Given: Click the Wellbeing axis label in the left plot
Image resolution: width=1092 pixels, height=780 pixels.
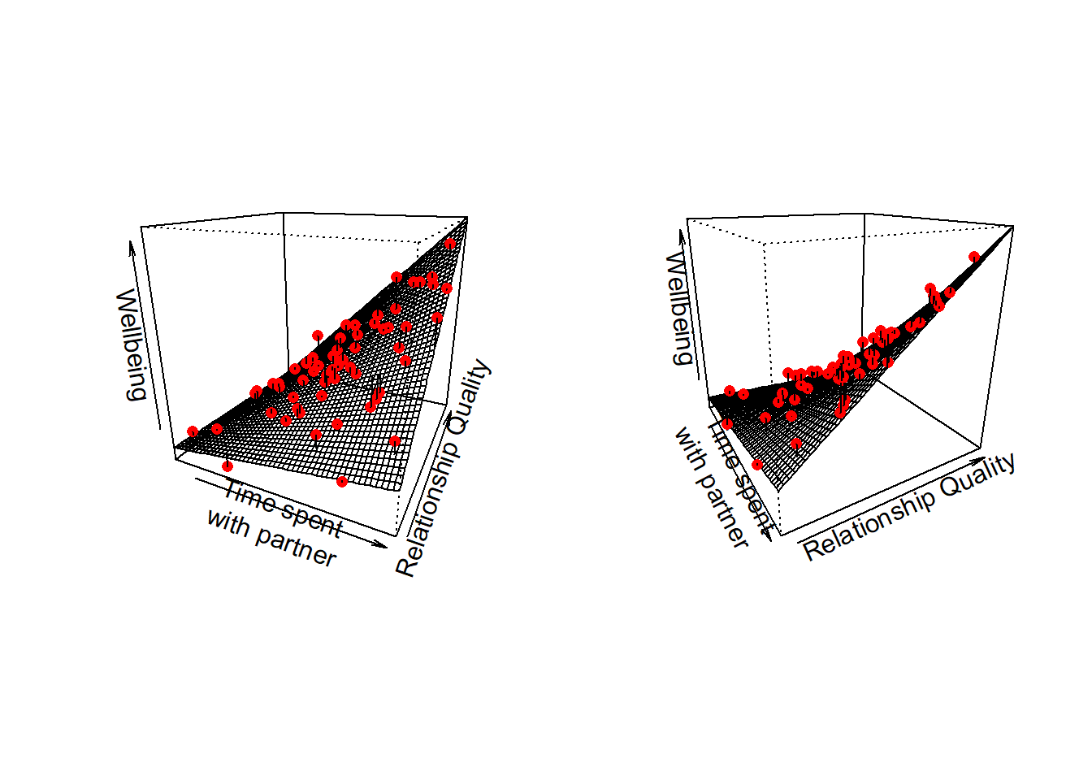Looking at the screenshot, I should (x=131, y=344).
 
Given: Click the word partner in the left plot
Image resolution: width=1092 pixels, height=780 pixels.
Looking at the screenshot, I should (x=295, y=546).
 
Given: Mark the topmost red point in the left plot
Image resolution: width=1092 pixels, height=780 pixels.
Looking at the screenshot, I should (x=450, y=244).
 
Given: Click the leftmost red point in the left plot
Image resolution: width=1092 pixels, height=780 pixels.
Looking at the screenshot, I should (x=193, y=431).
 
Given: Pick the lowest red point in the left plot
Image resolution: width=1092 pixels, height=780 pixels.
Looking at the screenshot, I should (x=342, y=482).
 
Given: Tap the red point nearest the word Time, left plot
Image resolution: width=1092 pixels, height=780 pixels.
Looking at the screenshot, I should (x=227, y=466).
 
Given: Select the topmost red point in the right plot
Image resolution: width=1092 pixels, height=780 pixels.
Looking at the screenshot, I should (x=974, y=258).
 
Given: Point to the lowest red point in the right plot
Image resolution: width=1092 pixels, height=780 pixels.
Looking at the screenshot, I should (x=757, y=465).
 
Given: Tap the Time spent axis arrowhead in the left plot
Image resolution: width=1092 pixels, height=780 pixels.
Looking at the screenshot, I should (x=384, y=545).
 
